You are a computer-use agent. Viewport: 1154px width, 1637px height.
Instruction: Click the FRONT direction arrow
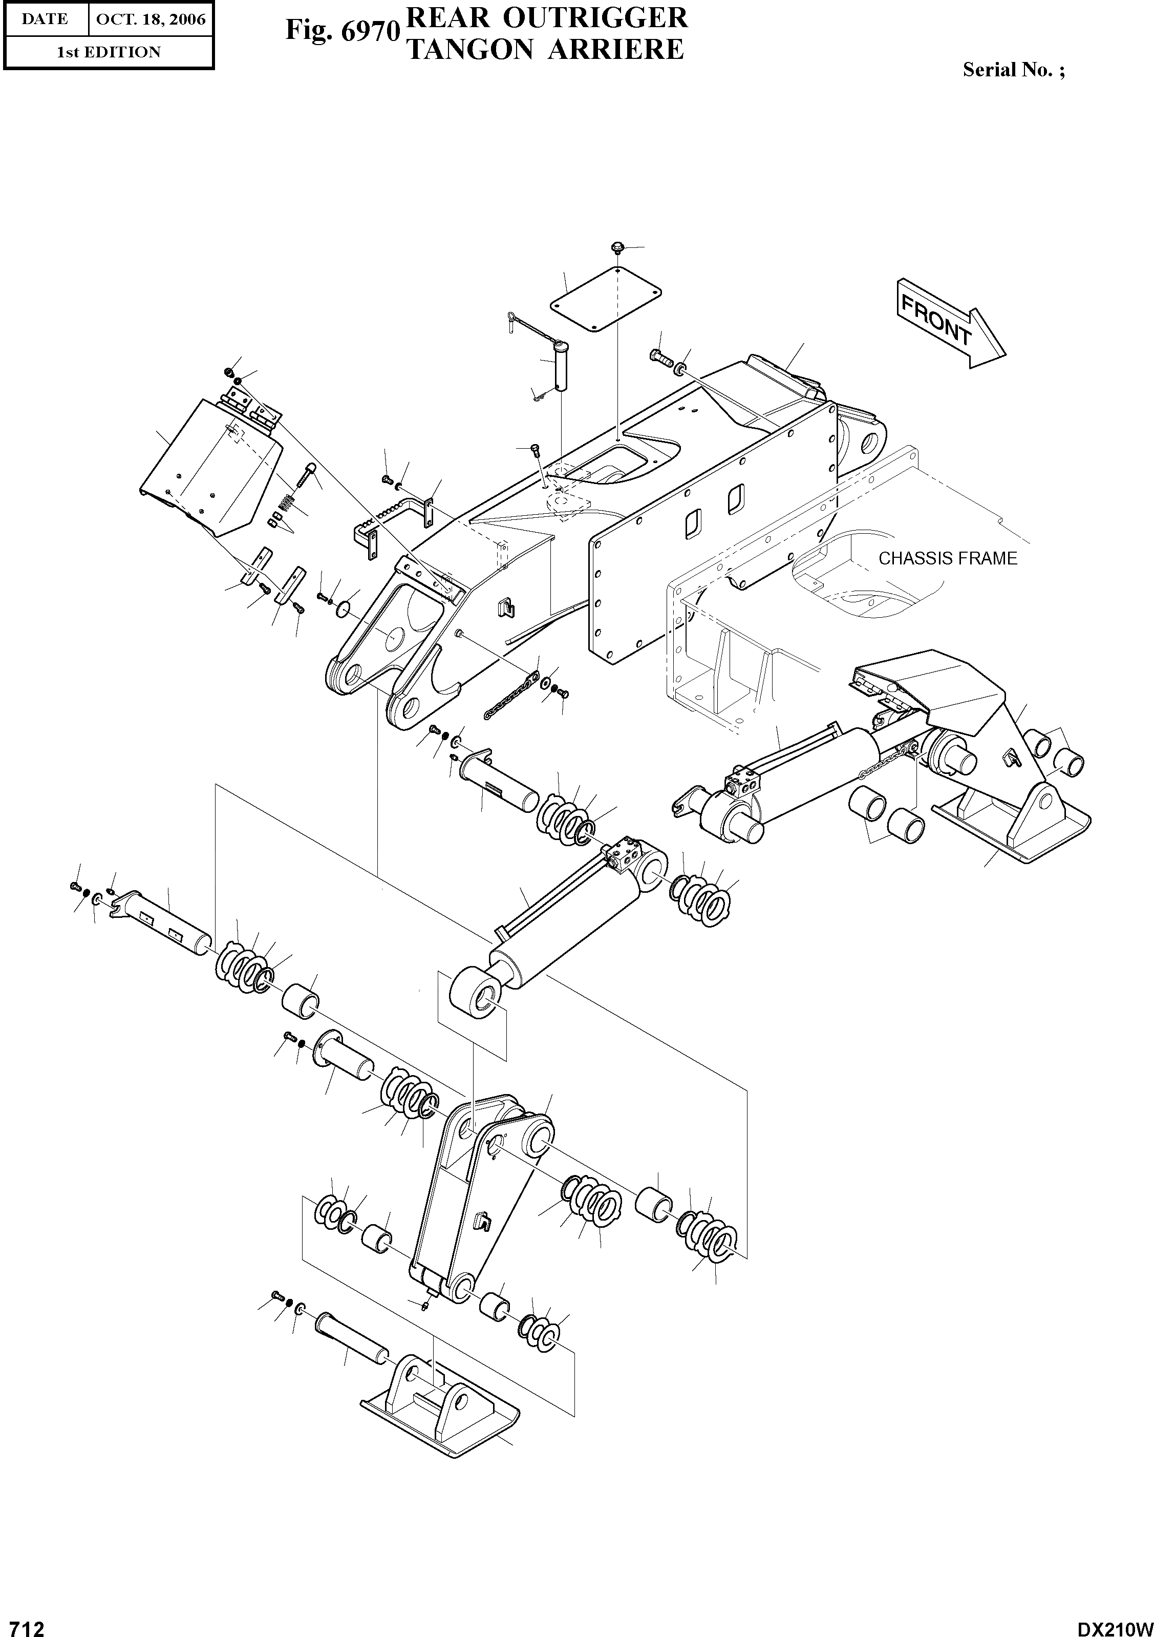(x=949, y=324)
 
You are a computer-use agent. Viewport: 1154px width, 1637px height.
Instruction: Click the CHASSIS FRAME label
(x=947, y=558)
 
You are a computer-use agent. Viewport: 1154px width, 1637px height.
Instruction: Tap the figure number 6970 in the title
(x=366, y=31)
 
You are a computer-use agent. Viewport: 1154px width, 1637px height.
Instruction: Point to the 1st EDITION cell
(x=109, y=52)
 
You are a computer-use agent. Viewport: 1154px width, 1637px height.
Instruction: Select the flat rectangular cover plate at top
(x=605, y=299)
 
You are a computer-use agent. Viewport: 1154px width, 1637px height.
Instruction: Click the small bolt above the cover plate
(x=617, y=247)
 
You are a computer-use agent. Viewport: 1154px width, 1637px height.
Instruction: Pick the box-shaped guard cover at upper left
(x=210, y=469)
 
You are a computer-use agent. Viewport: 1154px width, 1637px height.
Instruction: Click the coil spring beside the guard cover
(x=285, y=501)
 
